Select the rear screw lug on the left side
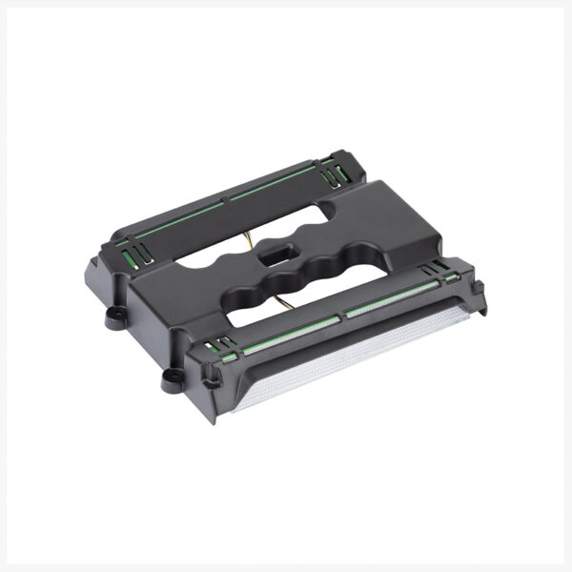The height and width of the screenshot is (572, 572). point(115,317)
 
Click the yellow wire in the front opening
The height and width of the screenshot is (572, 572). point(287,304)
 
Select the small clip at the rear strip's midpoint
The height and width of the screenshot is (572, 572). point(226,200)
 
